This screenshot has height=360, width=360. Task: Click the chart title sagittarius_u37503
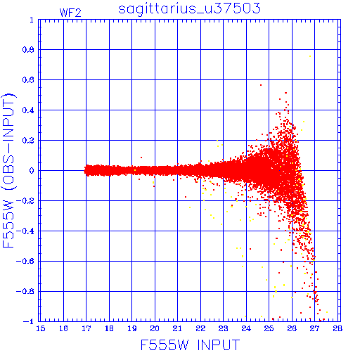(189, 9)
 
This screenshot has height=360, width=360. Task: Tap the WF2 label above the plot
(70, 13)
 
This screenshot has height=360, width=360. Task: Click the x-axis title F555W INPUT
(190, 345)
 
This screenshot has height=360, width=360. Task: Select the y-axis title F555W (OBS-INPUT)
(8, 170)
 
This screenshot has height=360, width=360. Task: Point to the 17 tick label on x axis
(86, 328)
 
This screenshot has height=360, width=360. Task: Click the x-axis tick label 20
(155, 328)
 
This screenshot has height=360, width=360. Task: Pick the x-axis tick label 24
(246, 328)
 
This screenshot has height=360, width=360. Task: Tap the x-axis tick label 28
(337, 328)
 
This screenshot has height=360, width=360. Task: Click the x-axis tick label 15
(41, 328)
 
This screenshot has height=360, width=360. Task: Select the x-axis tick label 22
(200, 328)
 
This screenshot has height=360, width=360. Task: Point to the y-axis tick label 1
(32, 20)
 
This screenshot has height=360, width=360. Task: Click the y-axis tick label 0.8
(28, 50)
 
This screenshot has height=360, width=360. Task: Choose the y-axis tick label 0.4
(28, 110)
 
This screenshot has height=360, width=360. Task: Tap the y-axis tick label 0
(32, 171)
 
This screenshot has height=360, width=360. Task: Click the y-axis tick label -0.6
(25, 261)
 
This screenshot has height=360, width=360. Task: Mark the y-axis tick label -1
(28, 321)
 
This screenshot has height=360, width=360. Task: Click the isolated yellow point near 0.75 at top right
(310, 56)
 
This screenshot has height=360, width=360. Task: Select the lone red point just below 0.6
(261, 85)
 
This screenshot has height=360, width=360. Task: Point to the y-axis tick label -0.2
(25, 201)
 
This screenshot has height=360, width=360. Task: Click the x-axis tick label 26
(292, 328)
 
